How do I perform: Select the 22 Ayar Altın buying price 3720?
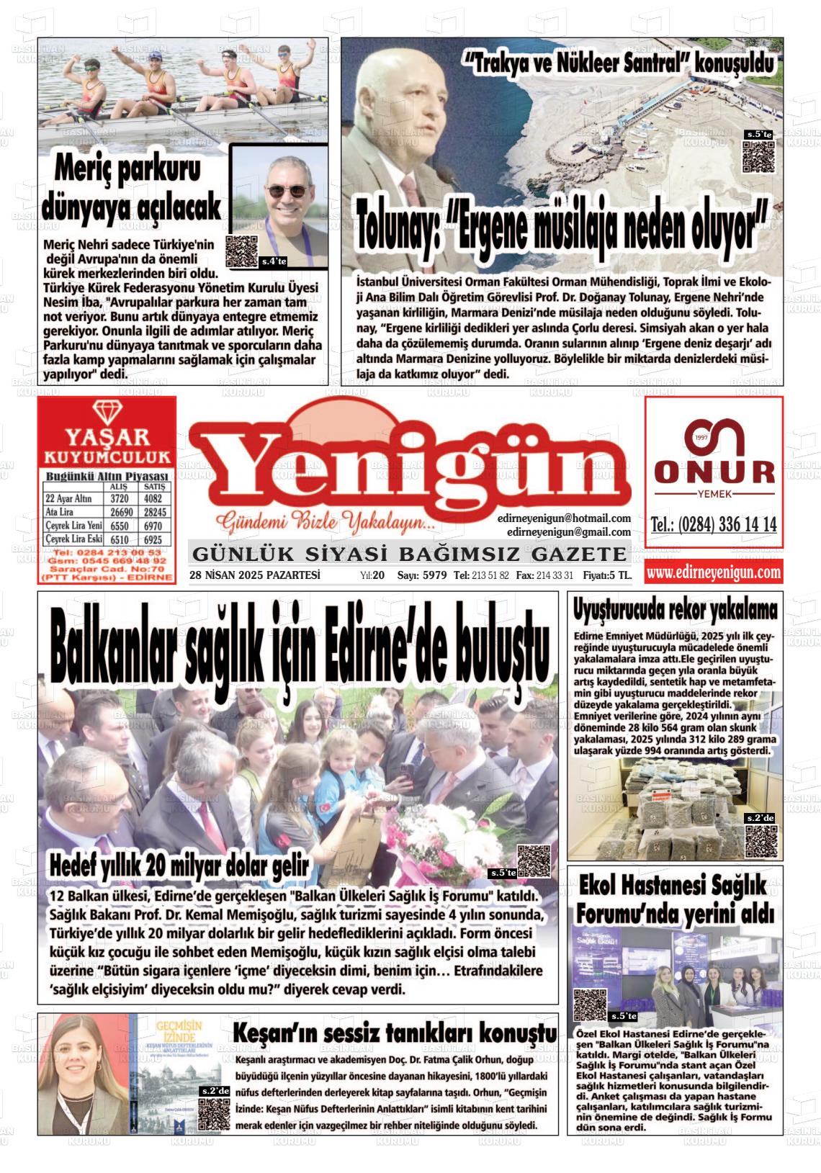pyautogui.click(x=119, y=498)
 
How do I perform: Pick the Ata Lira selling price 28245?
pyautogui.click(x=154, y=512)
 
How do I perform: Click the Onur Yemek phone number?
pyautogui.click(x=714, y=525)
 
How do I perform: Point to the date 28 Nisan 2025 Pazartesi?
pyautogui.click(x=255, y=575)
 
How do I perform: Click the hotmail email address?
pyautogui.click(x=563, y=518)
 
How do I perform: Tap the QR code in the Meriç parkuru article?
pyautogui.click(x=241, y=251)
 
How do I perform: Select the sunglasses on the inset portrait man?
pyautogui.click(x=287, y=191)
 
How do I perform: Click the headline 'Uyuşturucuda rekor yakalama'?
pyautogui.click(x=675, y=611)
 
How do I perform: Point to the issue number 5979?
pyautogui.click(x=434, y=576)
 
